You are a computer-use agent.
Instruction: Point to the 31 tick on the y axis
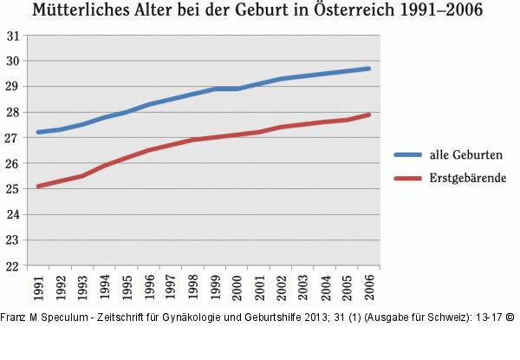[x=13, y=36]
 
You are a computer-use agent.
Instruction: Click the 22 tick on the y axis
[x=13, y=265]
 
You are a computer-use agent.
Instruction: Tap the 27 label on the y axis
[x=13, y=138]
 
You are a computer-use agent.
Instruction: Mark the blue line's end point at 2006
[x=369, y=69]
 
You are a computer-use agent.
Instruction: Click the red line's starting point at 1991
[x=38, y=186]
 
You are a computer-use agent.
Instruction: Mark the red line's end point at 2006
[x=369, y=115]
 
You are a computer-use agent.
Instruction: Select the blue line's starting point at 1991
[x=38, y=133]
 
